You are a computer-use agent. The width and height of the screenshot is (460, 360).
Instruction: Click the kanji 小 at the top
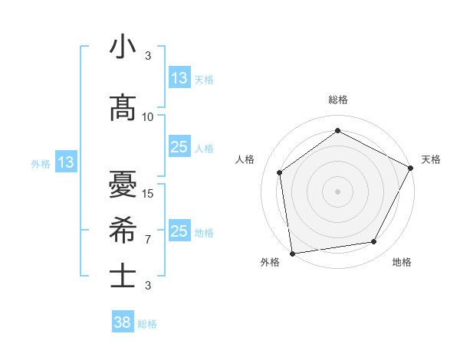click(123, 47)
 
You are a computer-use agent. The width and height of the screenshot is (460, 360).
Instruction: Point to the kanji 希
click(123, 230)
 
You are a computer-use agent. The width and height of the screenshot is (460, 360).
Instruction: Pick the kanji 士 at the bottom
click(123, 276)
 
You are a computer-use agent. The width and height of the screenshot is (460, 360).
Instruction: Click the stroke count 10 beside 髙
click(148, 117)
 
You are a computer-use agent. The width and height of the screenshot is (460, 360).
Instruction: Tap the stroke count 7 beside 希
click(148, 240)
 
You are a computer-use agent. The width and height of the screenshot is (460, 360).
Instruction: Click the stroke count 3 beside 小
click(148, 56)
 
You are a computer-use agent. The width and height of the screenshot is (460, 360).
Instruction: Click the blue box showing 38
click(123, 322)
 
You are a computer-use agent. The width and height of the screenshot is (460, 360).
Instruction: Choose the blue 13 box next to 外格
click(65, 162)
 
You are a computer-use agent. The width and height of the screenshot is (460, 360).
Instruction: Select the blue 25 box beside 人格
click(179, 147)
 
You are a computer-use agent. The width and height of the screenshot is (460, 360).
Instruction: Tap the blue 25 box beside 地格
click(179, 231)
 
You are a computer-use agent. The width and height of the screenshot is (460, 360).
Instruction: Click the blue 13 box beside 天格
click(179, 78)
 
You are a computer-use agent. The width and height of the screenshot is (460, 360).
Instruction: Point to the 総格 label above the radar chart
click(338, 100)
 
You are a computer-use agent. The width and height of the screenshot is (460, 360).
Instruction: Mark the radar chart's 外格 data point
click(292, 253)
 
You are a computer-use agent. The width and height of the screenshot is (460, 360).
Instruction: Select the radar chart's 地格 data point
click(374, 241)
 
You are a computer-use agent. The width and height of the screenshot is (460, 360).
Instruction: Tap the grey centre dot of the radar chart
click(338, 191)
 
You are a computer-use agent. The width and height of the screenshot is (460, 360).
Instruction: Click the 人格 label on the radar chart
click(245, 159)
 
